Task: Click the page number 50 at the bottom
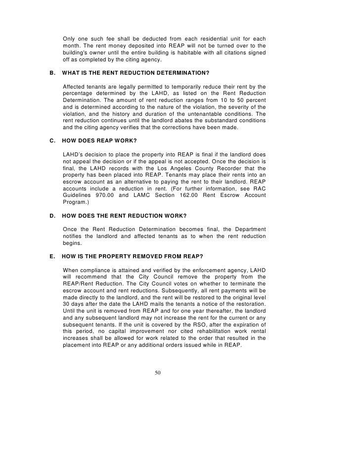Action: pyautogui.click(x=158, y=373)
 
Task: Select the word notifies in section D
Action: pyautogui.click(x=75, y=236)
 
